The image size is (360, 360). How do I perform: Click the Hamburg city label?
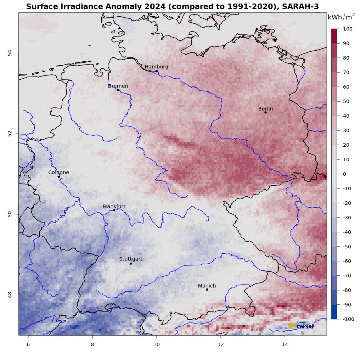(156, 67)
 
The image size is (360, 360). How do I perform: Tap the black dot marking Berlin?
(265, 113)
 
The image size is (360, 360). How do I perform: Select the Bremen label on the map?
(118, 86)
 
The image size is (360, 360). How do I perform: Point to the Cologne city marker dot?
(58, 176)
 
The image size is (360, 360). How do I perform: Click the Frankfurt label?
(114, 206)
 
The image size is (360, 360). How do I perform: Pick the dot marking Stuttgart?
(131, 264)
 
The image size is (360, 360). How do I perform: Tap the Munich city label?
(207, 286)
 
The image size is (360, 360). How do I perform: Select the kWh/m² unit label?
(341, 17)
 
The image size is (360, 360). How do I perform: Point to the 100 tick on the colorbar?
(347, 29)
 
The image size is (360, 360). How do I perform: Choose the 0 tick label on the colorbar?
(344, 174)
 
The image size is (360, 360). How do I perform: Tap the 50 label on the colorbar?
(345, 102)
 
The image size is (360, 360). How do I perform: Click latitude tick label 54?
(10, 53)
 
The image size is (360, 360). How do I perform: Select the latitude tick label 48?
(10, 294)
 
